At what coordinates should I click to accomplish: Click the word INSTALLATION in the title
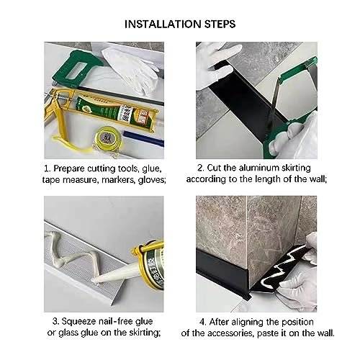click(163, 24)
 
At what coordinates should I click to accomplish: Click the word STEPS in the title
click(220, 24)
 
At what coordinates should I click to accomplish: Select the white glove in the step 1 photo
click(131, 70)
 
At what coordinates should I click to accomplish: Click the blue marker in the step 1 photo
click(143, 138)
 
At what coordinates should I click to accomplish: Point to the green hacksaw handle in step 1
click(77, 68)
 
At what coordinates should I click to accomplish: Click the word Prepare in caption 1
click(69, 168)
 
